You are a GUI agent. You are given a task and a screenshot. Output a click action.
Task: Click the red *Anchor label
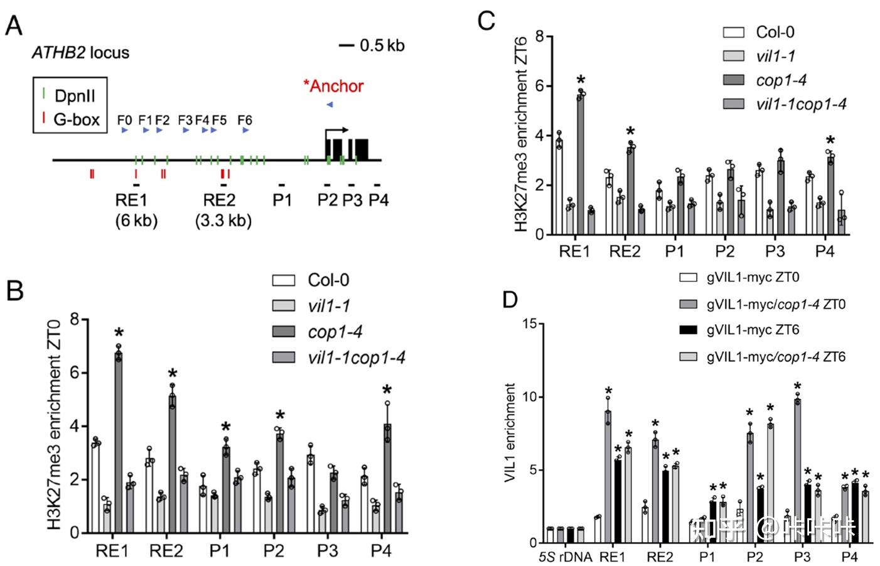333,86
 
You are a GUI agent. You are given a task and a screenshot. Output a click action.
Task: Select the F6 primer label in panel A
245,120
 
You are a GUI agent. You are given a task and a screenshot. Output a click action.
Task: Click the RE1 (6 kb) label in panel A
136,210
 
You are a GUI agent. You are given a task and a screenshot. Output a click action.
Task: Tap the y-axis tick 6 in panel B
75,373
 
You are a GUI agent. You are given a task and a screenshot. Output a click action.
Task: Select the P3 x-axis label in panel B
327,551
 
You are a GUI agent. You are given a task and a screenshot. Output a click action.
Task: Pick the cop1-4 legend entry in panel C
781,80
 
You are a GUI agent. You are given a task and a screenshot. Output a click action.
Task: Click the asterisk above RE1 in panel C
581,80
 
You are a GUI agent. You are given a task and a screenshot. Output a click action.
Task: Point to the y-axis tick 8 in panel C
539,37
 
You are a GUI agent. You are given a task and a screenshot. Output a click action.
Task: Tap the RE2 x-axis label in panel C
625,252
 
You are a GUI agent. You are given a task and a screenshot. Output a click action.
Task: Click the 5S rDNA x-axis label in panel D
565,557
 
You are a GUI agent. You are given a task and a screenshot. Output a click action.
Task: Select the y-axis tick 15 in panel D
531,324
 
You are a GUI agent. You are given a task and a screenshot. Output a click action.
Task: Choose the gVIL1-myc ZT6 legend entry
753,330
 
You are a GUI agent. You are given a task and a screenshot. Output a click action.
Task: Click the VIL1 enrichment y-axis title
510,433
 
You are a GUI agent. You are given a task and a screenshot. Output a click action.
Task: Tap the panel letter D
510,300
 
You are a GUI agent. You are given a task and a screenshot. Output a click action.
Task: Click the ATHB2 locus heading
80,53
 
